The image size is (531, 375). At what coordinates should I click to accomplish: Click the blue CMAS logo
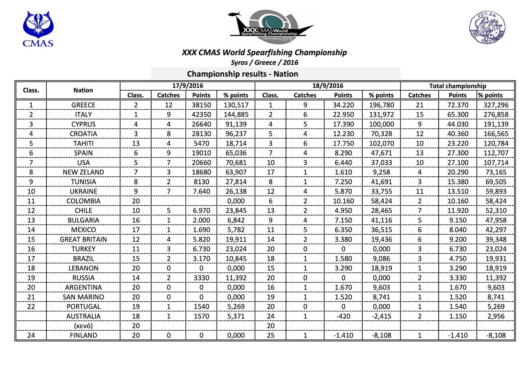pos(38,29)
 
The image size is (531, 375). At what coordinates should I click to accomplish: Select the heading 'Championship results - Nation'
pos(242,74)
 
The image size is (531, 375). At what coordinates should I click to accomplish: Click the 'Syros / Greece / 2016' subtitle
pos(264,63)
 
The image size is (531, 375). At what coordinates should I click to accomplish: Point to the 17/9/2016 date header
pos(187,86)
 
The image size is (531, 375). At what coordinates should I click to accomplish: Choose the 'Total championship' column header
pos(457,86)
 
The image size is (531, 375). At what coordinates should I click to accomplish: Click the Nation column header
pos(83,90)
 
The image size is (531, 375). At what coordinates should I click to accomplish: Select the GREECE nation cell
pos(83,105)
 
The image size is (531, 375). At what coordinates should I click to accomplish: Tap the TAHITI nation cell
pos(83,143)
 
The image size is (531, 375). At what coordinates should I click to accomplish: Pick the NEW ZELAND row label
pos(83,172)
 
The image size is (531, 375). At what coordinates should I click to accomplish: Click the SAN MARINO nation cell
pos(83,297)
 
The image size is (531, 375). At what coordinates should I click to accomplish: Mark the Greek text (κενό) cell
pos(83,326)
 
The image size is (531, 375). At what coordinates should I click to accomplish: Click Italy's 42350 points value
pos(201,115)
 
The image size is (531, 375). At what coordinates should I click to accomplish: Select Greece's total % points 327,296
pos(496,105)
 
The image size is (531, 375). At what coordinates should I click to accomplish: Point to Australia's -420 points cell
pos(343,316)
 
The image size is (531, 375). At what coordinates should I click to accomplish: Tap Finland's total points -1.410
pos(458,335)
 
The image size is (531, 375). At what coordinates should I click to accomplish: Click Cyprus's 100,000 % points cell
pos(381,124)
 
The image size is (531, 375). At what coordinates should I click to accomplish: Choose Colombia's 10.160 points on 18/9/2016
pos(343,201)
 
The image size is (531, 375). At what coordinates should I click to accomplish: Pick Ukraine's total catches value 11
pos(419,192)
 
